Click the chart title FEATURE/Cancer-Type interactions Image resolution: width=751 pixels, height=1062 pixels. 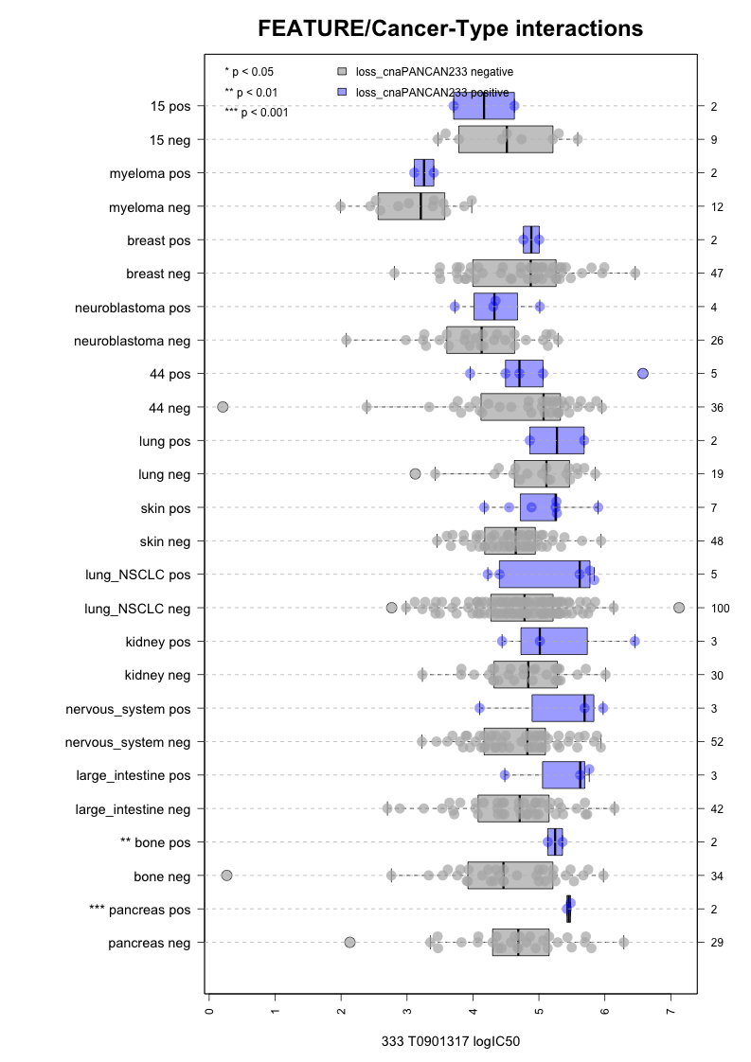pos(451,29)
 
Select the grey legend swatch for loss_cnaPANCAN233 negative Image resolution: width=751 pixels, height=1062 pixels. pos(343,71)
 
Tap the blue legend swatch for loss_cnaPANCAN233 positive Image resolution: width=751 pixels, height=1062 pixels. pos(343,92)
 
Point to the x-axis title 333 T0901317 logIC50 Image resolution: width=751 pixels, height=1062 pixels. pos(451,1041)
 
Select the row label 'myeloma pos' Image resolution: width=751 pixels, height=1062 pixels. pos(150,173)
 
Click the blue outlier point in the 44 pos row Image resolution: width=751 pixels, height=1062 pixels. pos(643,374)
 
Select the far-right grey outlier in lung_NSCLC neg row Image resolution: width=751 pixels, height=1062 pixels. pos(679,608)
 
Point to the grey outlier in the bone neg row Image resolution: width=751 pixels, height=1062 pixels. pos(227,876)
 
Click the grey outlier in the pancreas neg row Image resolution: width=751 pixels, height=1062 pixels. pos(350,942)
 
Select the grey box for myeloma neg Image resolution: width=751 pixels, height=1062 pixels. pos(411,206)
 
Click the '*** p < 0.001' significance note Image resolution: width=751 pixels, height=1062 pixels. pos(257,113)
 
